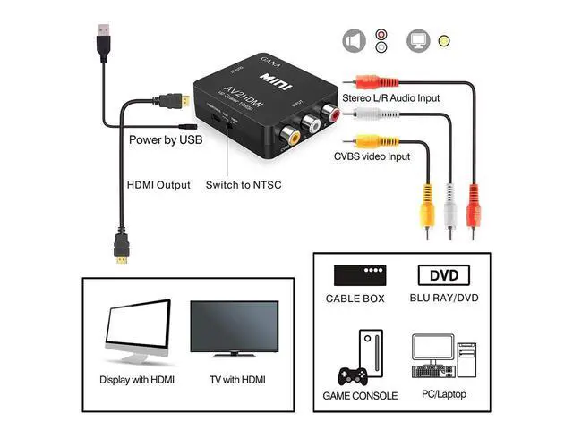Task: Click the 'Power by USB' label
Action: pos(166,139)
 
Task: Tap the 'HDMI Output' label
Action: pos(158,185)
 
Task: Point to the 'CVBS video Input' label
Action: pos(372,156)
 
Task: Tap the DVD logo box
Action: pos(444,275)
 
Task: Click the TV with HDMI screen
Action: pos(234,329)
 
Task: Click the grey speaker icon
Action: pos(355,41)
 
